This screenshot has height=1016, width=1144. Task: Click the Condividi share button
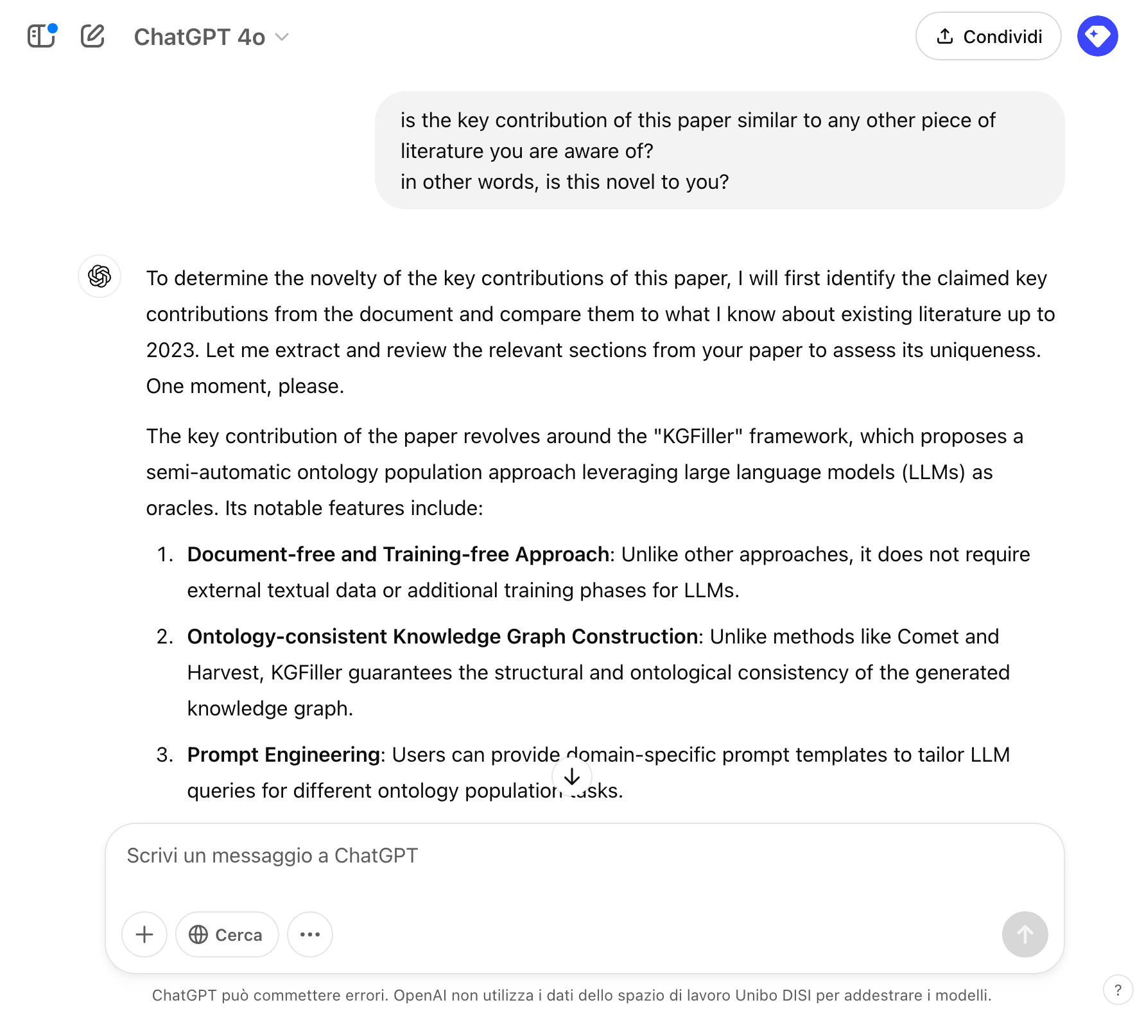[x=988, y=37]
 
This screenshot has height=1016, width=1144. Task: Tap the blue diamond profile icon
[x=1097, y=36]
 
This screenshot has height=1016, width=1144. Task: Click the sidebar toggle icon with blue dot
[x=42, y=36]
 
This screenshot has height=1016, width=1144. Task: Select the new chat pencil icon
[x=92, y=36]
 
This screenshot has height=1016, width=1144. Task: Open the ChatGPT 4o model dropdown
[x=211, y=37]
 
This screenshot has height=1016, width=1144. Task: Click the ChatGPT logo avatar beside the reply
[x=100, y=276]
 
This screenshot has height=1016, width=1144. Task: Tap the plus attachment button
[x=144, y=934]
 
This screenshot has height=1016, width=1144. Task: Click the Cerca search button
[x=227, y=934]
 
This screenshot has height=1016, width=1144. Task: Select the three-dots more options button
[x=310, y=934]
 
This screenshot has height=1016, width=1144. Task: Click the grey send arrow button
[x=1025, y=934]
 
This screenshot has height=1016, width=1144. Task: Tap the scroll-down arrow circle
[x=571, y=777]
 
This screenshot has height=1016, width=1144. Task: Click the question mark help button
[x=1118, y=990]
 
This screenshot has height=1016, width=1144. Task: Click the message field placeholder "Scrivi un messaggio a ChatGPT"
[x=272, y=855]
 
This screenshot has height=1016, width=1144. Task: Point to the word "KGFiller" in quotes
[x=698, y=436]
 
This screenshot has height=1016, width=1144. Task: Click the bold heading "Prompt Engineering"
[x=283, y=755]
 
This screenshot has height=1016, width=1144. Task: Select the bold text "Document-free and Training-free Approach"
[x=398, y=554]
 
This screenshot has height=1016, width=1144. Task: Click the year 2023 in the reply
[x=170, y=350]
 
